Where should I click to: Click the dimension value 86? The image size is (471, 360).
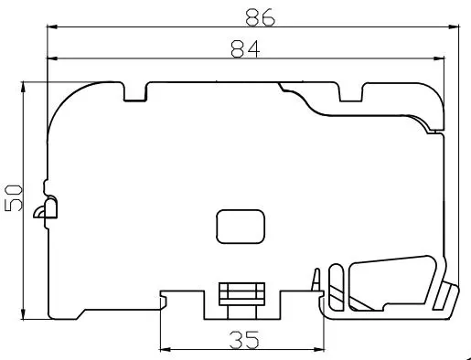[x=260, y=17]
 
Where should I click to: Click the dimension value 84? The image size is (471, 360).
[x=245, y=48]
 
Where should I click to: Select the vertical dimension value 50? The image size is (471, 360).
[x=14, y=198]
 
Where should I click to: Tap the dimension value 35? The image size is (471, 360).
[x=244, y=340]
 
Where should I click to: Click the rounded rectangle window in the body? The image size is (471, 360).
[x=241, y=227]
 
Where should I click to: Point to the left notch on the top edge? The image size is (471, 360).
[x=135, y=91]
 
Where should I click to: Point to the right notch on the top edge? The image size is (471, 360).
[x=351, y=91]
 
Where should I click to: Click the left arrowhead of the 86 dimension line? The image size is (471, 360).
[x=52, y=27]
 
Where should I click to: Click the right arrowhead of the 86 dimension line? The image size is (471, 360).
[x=454, y=27]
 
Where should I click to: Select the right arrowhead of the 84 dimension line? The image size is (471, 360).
[x=439, y=58]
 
